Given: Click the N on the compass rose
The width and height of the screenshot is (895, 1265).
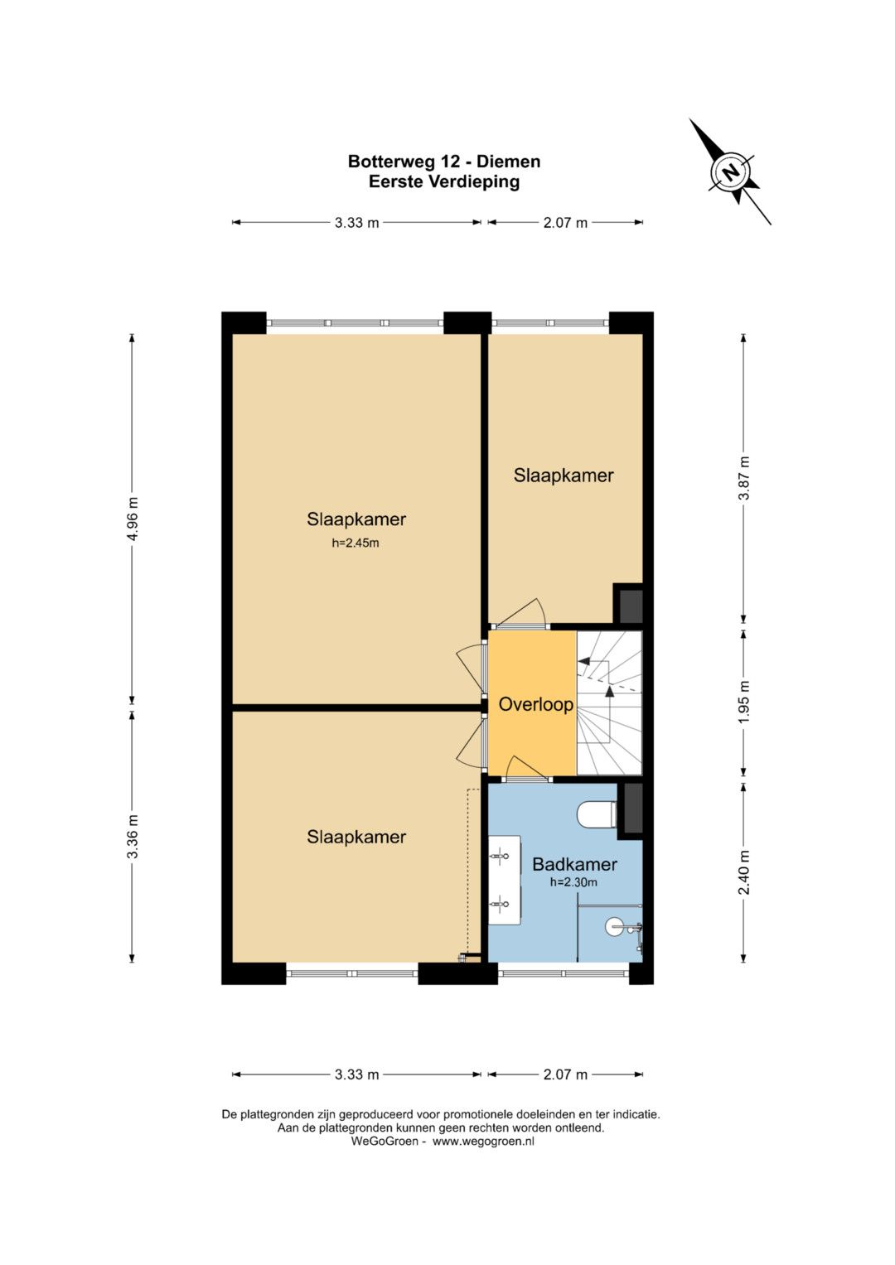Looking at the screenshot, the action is click(x=731, y=172).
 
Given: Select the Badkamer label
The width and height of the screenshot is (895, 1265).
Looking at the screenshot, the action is click(x=574, y=863).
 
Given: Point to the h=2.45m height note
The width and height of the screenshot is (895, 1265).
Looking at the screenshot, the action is click(x=356, y=543).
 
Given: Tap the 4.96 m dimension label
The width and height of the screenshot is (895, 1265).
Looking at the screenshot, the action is click(x=133, y=519).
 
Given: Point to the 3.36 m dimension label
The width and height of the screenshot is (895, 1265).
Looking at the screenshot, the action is click(x=133, y=837).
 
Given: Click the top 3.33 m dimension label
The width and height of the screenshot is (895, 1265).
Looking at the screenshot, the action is click(x=356, y=223).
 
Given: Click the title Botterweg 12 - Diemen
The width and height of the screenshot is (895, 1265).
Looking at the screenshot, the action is click(x=444, y=162).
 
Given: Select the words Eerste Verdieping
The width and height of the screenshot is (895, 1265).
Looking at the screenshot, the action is click(x=444, y=182).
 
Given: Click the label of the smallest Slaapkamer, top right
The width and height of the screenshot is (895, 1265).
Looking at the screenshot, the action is click(x=564, y=476).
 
